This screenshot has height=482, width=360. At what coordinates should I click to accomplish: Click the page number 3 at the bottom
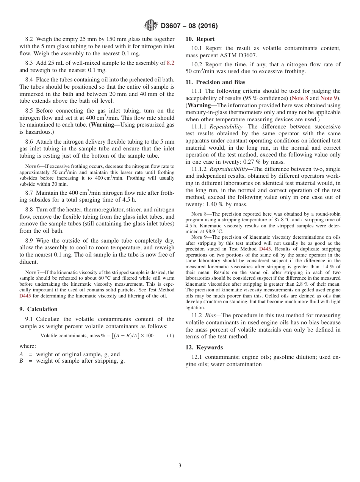pyautogui.click(x=180, y=465)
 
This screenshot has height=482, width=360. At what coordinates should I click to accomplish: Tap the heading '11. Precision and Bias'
pyautogui.click(x=215, y=82)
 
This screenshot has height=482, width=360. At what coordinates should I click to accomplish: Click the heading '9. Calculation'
pyautogui.click(x=38, y=309)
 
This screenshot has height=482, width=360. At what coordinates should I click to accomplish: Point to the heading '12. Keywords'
pyautogui.click(x=204, y=347)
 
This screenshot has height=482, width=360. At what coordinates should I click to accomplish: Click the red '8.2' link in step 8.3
pyautogui.click(x=171, y=63)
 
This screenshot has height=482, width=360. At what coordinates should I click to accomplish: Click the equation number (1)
pyautogui.click(x=171, y=336)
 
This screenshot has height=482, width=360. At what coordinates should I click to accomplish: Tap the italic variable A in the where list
pyautogui.click(x=21, y=354)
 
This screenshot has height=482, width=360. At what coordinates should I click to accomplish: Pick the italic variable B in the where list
pyautogui.click(x=21, y=361)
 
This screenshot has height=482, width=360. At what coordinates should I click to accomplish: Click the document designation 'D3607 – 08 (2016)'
pyautogui.click(x=189, y=26)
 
